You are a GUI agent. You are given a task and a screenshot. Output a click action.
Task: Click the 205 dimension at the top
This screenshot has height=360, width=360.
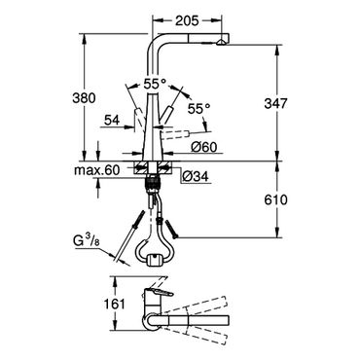point(187,21)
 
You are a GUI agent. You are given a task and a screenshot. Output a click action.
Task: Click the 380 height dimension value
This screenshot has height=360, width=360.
point(84,98)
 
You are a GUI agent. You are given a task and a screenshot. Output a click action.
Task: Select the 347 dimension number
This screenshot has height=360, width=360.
point(276,104)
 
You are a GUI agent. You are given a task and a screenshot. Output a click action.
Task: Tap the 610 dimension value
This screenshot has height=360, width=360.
point(275,200)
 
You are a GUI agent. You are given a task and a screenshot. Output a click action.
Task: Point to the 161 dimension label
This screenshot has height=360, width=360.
point(114,305)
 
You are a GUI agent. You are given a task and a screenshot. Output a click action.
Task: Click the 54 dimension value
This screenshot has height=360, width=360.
point(112,121)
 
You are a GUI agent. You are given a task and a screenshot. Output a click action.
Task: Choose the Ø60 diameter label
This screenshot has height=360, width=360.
point(203,148)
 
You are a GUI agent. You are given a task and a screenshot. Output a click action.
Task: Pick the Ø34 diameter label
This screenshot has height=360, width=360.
point(196,176)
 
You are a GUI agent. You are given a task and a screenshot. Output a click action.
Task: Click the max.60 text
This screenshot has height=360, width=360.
point(97,169)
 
